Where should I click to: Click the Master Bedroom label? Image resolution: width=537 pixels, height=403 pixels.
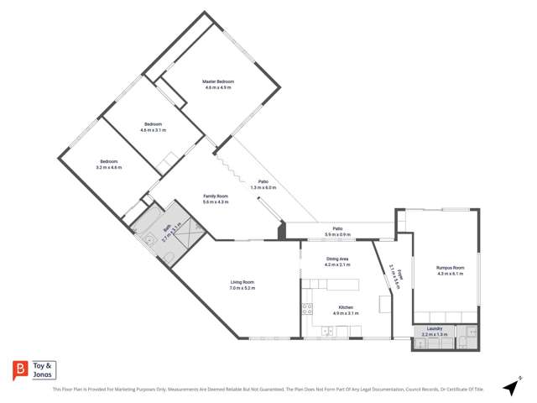tap(217, 81)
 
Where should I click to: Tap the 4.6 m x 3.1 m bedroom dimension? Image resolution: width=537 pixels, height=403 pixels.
tap(154, 130)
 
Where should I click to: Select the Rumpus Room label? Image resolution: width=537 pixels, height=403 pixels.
tap(450, 268)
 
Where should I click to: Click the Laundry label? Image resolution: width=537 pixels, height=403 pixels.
tap(435, 328)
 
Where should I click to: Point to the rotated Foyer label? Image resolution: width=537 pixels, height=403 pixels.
tap(393, 275)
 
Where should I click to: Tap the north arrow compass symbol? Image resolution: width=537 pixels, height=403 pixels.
tap(509, 387)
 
